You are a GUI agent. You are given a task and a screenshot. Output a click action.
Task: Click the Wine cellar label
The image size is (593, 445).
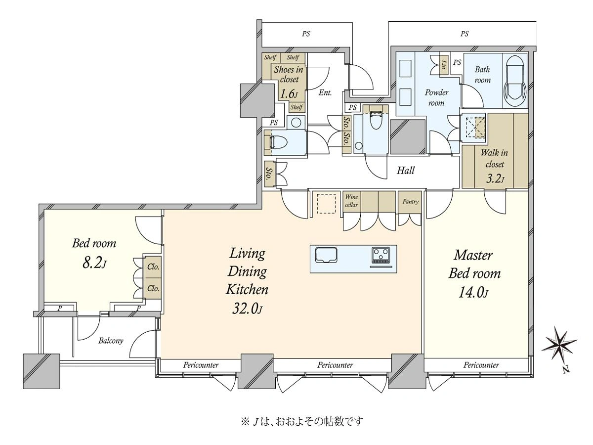[x=351, y=201]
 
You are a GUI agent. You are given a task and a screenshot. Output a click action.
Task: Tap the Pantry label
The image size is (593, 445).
[x=410, y=202]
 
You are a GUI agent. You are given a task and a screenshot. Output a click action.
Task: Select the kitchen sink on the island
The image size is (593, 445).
[x=326, y=255]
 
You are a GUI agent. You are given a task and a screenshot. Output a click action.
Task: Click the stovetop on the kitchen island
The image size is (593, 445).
[x=381, y=255]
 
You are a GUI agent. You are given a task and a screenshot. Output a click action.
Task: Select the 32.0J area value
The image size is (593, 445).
[x=247, y=308]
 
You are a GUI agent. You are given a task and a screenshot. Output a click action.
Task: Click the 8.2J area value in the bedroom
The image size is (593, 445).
[x=94, y=263]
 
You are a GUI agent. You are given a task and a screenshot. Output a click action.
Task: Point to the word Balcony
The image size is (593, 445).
[x=111, y=341]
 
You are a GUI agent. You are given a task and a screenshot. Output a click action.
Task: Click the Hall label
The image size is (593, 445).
[x=406, y=170]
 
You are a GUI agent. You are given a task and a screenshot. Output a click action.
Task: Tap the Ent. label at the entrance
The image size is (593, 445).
[x=325, y=92]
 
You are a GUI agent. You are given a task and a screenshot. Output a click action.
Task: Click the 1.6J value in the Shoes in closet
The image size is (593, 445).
[x=289, y=94]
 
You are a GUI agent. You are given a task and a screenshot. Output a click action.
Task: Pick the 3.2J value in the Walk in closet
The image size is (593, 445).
[x=495, y=178]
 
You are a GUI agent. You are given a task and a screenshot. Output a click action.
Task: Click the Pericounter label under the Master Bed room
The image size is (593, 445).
[x=481, y=365]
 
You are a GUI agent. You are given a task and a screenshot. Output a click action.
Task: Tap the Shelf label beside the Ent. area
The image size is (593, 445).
[x=296, y=107]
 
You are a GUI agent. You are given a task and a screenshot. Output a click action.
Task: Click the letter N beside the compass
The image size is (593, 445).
[x=566, y=370]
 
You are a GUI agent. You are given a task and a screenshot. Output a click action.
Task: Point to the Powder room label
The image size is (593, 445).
[x=436, y=97]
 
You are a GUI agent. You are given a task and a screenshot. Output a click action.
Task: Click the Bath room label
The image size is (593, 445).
[x=482, y=75]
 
